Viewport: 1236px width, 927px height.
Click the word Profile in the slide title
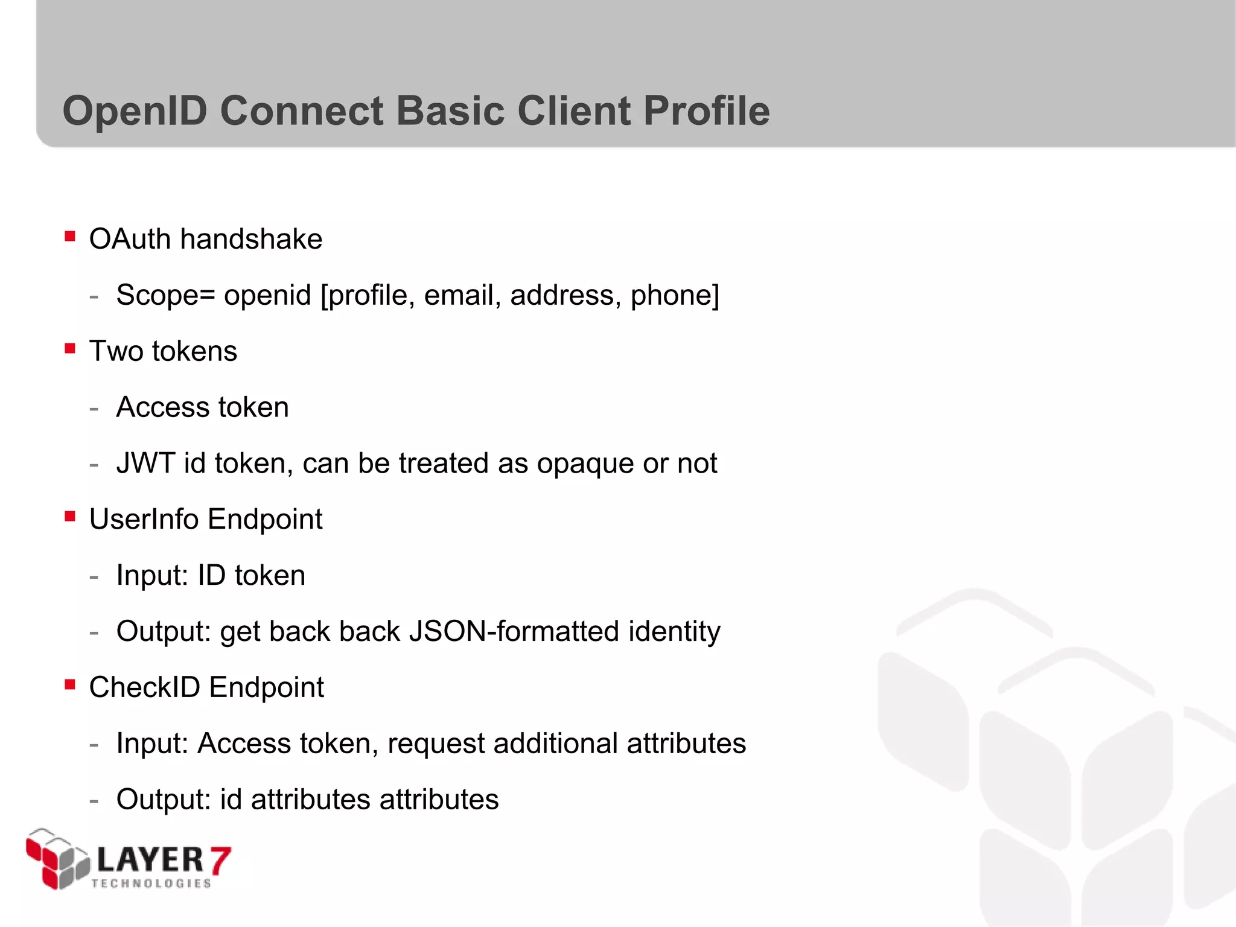706,111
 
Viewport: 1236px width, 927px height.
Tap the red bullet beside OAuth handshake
70,236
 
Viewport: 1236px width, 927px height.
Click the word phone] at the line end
675,295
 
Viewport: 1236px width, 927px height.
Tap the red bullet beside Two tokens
70,348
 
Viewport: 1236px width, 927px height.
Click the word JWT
145,463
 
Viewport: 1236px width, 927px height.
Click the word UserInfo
144,519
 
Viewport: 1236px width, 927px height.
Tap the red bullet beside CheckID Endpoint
70,684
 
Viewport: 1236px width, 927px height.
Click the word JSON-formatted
514,631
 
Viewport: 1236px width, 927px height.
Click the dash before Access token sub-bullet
94,409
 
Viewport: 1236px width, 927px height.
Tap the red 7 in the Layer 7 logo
220,859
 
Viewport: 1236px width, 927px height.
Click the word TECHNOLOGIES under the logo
151,884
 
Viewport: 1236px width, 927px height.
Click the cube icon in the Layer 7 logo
57,859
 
